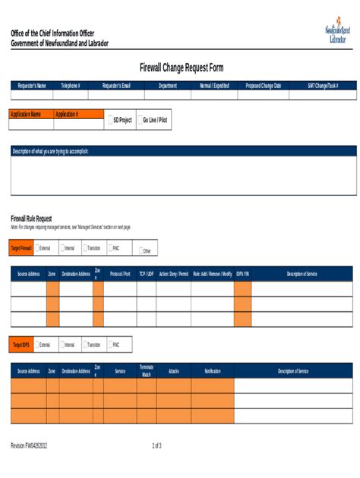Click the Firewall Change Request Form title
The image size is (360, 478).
click(181, 68)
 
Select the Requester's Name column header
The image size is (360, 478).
click(32, 86)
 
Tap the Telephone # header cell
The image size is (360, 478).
click(71, 86)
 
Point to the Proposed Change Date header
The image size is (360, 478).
click(263, 86)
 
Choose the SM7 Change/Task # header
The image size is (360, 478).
click(323, 86)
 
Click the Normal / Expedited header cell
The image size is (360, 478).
click(214, 86)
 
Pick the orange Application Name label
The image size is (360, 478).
click(30, 115)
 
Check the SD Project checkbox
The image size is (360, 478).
click(111, 120)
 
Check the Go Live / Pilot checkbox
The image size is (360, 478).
click(139, 120)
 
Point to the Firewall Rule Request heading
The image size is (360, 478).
click(31, 219)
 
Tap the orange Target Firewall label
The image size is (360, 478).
click(21, 248)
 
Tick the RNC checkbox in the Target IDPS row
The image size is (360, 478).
click(111, 344)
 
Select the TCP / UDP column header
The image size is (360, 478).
click(146, 273)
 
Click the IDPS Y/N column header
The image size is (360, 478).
click(242, 273)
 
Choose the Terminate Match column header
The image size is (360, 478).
click(147, 371)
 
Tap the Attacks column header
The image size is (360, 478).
click(173, 371)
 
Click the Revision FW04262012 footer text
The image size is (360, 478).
click(34, 445)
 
